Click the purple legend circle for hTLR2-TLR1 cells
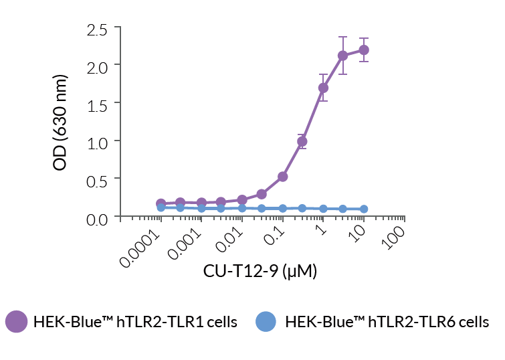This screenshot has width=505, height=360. tap(16, 322)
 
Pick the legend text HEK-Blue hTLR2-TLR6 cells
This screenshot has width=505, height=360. tap(387, 323)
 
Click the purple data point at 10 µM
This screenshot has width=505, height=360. tap(364, 50)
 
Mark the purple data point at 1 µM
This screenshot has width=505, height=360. tap(323, 88)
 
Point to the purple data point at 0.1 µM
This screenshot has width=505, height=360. tap(282, 177)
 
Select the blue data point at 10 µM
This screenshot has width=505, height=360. tap(364, 209)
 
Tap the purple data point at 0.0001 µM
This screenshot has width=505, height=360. tap(161, 203)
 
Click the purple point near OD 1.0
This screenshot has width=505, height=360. tap(302, 141)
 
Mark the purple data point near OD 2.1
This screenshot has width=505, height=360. tap(343, 56)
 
